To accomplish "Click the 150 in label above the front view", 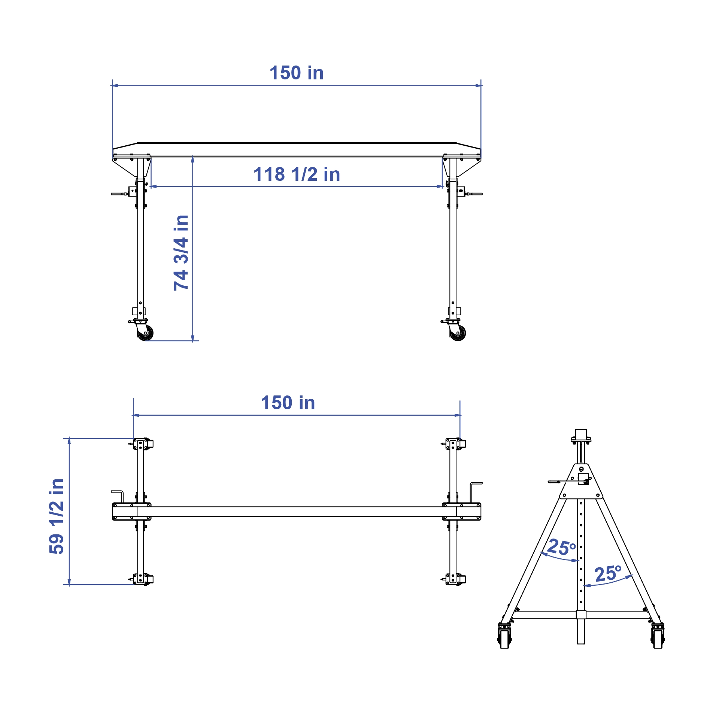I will pos(296,73).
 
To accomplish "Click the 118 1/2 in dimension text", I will pos(297,175).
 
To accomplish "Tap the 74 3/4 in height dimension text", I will pos(181,253).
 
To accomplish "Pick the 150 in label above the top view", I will pos(288,403).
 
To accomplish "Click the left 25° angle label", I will pos(561,547).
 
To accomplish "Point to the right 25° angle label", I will pos(608,574).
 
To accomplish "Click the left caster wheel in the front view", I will pos(145,333).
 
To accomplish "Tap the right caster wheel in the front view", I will pos(458,333).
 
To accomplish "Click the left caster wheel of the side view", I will pos(504,638).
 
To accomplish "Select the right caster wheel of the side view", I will pos(658,638).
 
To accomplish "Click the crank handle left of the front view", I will pos(120,194).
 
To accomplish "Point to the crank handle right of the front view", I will pos(474,194).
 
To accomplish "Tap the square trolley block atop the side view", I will pos(581,434).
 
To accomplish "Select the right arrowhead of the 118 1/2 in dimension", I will pos(440,186).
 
